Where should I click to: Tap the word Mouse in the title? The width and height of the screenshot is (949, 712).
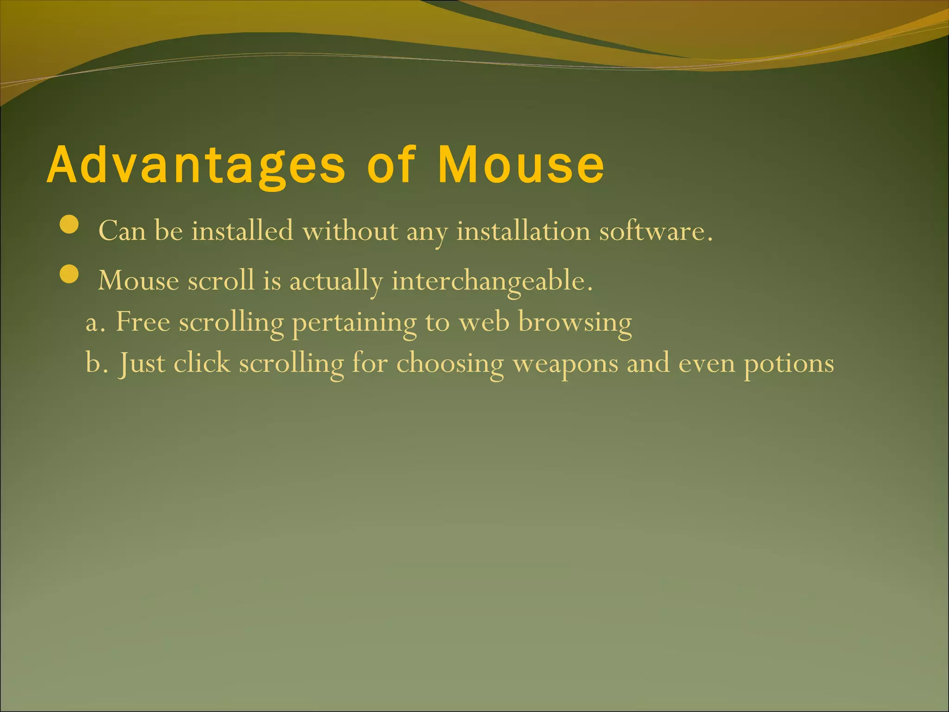click(x=521, y=165)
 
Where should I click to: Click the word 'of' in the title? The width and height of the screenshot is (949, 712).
click(x=391, y=165)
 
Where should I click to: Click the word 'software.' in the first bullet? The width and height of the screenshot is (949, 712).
click(x=656, y=231)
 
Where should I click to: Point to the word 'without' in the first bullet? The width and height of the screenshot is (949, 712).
click(x=350, y=231)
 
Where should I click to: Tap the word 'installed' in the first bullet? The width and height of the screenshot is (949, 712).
click(x=242, y=231)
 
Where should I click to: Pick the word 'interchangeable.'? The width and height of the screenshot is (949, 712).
click(x=492, y=281)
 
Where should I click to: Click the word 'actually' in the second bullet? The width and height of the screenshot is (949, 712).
click(x=336, y=281)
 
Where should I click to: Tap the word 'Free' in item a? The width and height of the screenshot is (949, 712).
click(x=143, y=322)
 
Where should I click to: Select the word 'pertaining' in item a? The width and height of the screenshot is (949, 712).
click(x=354, y=323)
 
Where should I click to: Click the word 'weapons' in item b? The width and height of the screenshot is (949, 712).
click(x=565, y=363)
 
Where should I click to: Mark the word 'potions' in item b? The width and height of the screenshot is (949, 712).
click(x=789, y=363)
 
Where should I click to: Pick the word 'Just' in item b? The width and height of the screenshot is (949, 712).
click(x=141, y=363)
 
